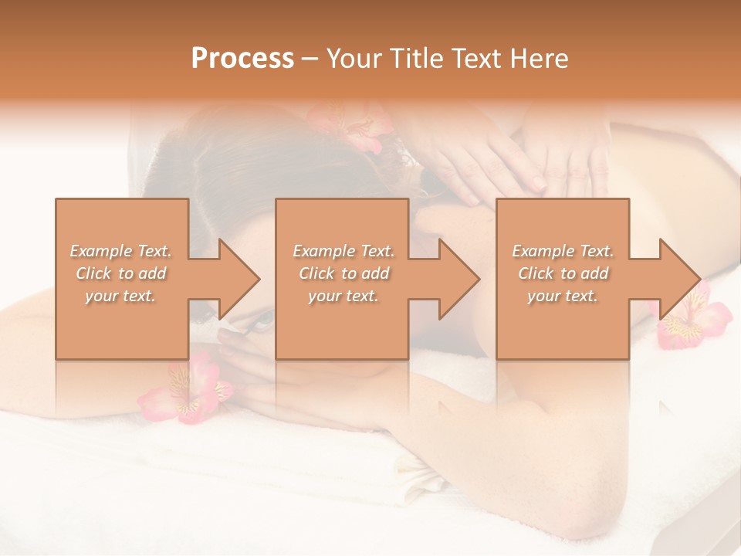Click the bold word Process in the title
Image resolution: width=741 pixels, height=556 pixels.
242,59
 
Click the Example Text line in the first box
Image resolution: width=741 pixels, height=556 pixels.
120,251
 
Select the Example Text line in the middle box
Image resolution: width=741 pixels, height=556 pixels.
343,251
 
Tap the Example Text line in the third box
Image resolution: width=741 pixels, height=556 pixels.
563,251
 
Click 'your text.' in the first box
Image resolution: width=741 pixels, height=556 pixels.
120,296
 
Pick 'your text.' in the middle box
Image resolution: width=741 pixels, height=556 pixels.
343,296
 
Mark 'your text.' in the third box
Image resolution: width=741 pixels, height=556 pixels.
563,296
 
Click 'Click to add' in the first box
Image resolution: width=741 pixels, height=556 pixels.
120,273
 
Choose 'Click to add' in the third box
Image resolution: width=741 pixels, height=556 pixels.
563,273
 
